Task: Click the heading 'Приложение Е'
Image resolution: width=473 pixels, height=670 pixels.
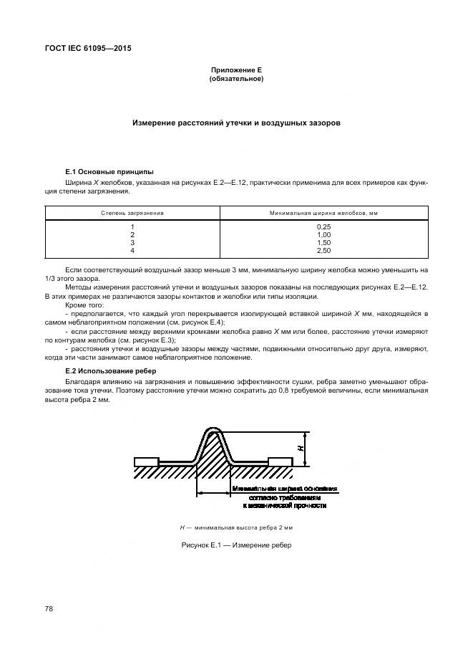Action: coord(236,70)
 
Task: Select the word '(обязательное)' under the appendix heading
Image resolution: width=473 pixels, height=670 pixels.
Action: coord(236,79)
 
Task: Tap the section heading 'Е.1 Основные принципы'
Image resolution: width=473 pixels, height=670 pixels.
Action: coord(104,173)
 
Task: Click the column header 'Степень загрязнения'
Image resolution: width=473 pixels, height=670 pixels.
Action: coord(132,213)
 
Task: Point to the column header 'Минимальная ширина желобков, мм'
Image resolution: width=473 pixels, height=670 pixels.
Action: coord(323,213)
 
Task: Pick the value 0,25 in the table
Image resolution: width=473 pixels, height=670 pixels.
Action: coord(323,226)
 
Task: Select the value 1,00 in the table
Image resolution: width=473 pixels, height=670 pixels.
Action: coord(323,234)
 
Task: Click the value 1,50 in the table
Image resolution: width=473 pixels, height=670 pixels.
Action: coord(323,242)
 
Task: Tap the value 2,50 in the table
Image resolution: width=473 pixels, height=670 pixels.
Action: coord(323,250)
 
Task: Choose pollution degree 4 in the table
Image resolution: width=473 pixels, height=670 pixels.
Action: coord(132,250)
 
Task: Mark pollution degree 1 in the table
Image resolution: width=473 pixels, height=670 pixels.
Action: coord(132,226)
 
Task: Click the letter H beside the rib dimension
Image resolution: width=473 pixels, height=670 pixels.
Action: coord(302,449)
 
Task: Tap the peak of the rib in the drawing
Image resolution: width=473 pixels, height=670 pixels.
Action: coord(214,431)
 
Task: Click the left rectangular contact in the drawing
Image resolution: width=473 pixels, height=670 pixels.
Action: coord(147,461)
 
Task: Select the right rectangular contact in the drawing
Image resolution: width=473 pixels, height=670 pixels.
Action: coord(281,461)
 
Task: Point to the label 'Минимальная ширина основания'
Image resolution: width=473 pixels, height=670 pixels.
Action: coord(285,489)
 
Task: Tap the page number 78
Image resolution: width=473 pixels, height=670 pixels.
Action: coord(49,608)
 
